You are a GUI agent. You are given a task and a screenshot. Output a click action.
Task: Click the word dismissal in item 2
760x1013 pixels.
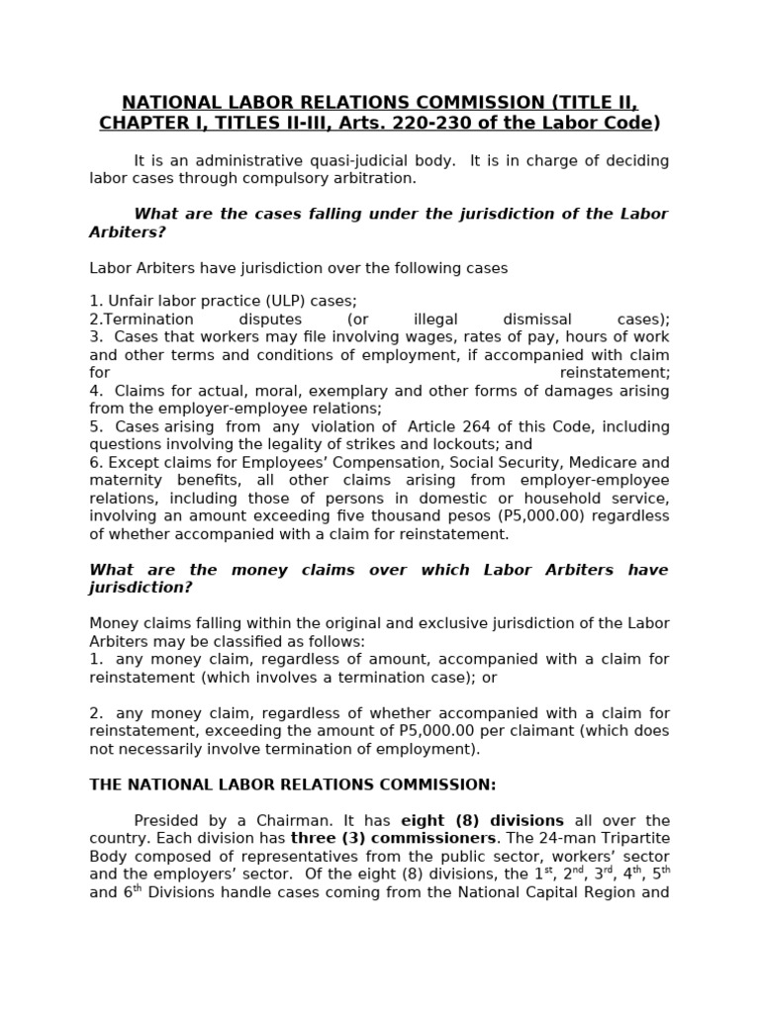click(537, 319)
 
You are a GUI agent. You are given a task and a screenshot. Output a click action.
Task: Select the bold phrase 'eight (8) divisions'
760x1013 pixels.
click(482, 820)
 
